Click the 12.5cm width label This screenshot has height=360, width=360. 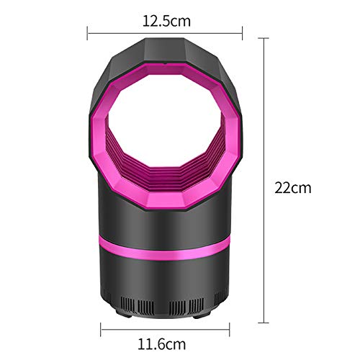coord(166,21)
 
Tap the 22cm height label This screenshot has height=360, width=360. coord(293,188)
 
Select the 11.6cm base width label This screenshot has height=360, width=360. coord(161,344)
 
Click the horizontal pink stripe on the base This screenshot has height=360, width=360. coord(164,247)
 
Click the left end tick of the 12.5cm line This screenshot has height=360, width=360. coord(87,33)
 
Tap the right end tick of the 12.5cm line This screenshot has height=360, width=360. coord(242,33)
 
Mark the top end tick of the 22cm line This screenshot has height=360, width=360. coord(264,38)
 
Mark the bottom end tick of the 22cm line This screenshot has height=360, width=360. coord(264,323)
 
